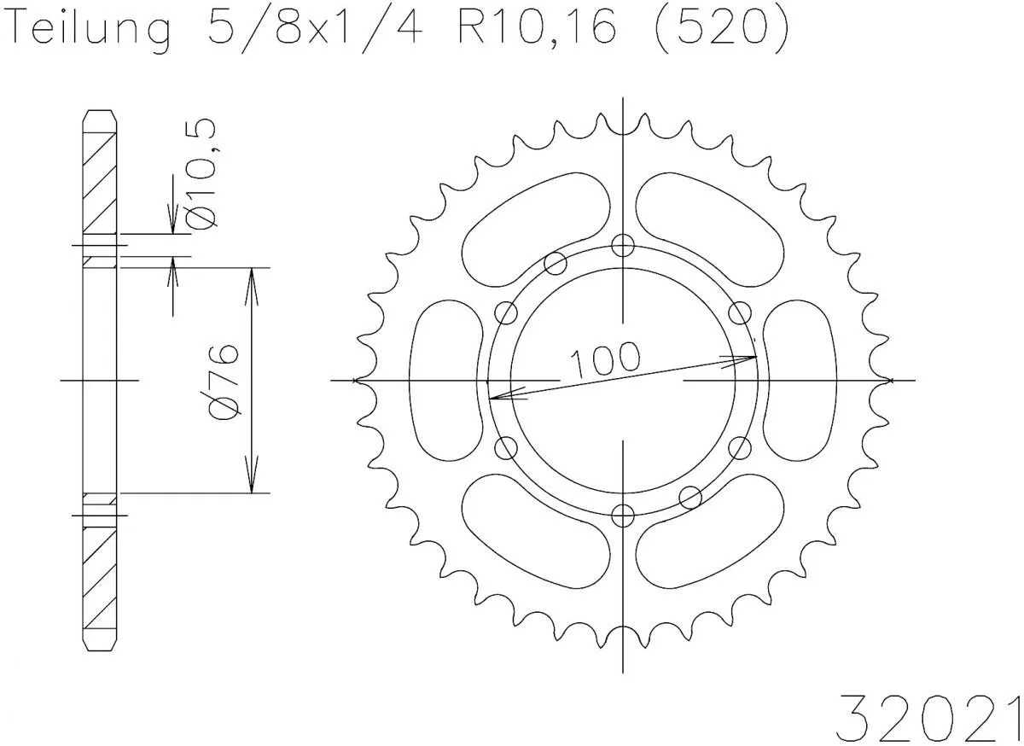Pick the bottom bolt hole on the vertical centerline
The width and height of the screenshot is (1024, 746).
coord(624,514)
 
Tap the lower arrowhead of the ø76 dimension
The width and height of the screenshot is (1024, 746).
coord(252,483)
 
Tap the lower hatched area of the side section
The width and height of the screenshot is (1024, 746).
coord(99,580)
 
